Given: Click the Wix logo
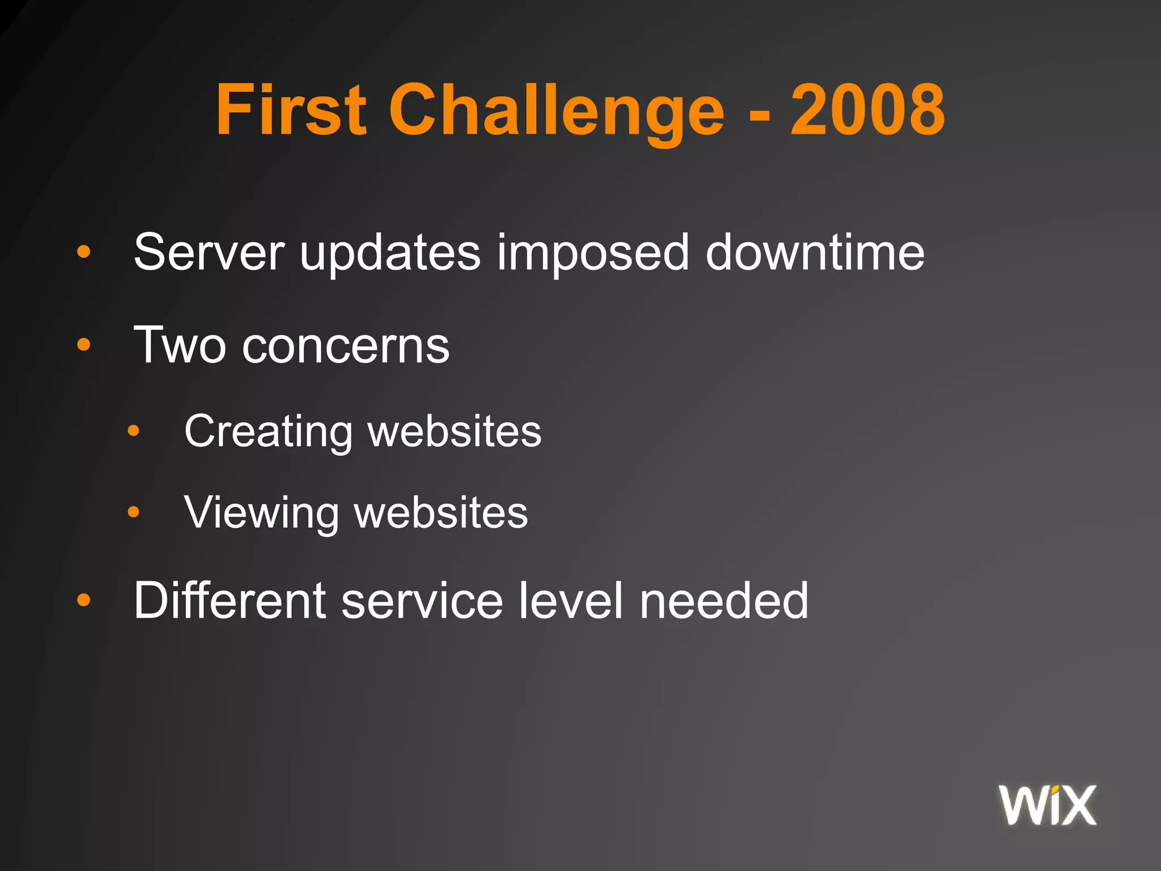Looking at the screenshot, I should tap(1048, 805).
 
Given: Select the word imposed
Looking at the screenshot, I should tap(592, 253).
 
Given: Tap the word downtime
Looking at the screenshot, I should tap(815, 252).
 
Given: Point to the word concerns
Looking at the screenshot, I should tap(346, 346).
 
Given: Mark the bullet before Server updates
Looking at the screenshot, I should tap(84, 251).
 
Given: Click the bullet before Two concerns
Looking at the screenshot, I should tap(84, 344).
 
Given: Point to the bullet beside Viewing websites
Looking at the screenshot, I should tap(133, 513).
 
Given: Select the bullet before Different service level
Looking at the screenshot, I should tap(84, 599).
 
